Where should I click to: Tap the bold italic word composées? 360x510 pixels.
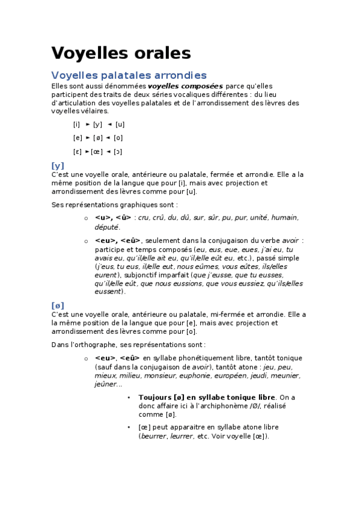pyautogui.click(x=185, y=86)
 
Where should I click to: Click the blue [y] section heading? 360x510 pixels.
pyautogui.click(x=58, y=165)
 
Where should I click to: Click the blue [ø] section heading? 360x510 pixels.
pyautogui.click(x=58, y=305)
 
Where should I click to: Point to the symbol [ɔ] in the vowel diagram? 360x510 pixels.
pyautogui.click(x=118, y=152)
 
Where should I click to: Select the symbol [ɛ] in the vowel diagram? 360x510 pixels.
pyautogui.click(x=77, y=152)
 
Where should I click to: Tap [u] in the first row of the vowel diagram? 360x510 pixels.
pyautogui.click(x=120, y=124)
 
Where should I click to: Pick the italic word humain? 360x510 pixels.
pyautogui.click(x=284, y=218)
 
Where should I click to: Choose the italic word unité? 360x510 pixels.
pyautogui.click(x=255, y=218)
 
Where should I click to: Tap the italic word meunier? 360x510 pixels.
pyautogui.click(x=287, y=376)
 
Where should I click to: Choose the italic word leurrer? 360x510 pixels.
pyautogui.click(x=182, y=436)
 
